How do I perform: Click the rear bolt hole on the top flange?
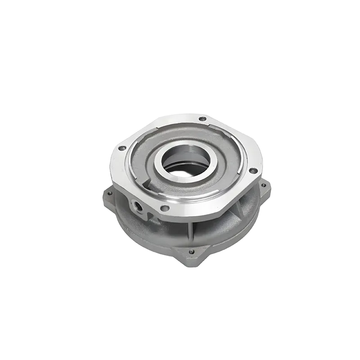202,119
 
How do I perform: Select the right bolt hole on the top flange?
253,171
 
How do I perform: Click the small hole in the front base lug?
191,252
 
